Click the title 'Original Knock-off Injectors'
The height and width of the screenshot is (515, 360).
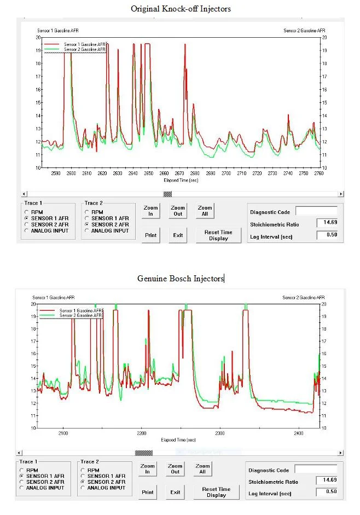click(180, 9)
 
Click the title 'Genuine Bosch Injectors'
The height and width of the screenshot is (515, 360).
click(180, 279)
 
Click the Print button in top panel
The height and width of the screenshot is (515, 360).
click(150, 235)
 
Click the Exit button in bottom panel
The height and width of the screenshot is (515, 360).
click(175, 492)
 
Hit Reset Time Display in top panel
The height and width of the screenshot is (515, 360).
click(218, 235)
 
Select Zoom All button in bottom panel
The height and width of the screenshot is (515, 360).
click(202, 469)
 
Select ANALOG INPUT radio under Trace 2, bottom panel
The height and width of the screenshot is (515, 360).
click(84, 488)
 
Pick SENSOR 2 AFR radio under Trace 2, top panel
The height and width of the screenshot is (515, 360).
click(86, 224)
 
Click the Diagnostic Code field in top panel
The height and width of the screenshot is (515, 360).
click(316, 211)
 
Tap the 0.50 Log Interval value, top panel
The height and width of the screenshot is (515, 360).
click(327, 235)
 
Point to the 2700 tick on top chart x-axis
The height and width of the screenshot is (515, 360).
click(227, 173)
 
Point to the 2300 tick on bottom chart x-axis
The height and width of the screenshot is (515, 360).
click(219, 433)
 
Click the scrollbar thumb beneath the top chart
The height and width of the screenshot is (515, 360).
click(168, 194)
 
